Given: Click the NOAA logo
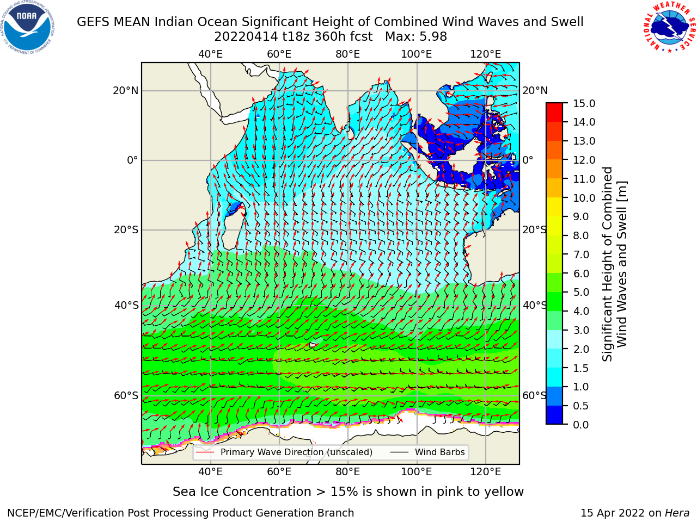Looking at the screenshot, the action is point(28,27).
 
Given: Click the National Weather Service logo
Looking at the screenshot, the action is point(669,27).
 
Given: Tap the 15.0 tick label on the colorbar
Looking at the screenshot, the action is point(584,103).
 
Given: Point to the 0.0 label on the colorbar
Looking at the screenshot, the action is point(581,425).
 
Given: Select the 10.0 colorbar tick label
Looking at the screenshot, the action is point(584,198).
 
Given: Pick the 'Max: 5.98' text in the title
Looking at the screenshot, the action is point(416,37).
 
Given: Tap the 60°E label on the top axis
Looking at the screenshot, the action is point(279,54).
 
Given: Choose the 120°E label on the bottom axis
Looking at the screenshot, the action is point(486,471).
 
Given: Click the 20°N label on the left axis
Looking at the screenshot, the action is point(126,91).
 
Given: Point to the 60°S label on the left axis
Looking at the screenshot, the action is point(126,395).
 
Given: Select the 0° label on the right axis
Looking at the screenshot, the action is point(528,160).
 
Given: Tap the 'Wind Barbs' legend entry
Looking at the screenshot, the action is point(427,452).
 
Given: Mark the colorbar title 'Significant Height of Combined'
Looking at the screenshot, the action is point(607,264).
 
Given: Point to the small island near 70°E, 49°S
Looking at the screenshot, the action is point(313,344).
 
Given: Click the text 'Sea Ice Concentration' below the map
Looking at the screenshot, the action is point(242,492).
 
